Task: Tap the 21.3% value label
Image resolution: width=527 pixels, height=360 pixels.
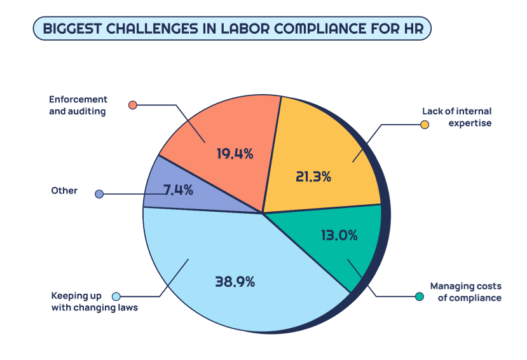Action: (313, 177)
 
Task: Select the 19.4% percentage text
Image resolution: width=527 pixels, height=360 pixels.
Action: (235, 153)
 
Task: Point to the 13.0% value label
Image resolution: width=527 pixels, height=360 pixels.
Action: (339, 235)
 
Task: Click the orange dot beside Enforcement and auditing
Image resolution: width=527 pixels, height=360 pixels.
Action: (132, 105)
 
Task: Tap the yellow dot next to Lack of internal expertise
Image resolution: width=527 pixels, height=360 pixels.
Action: (425, 124)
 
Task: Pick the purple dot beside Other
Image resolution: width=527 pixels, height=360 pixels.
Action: (99, 193)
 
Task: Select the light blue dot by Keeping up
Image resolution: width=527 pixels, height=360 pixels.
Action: (116, 296)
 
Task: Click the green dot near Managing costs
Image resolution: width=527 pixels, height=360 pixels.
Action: (419, 296)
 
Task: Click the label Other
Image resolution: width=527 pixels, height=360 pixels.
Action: (64, 191)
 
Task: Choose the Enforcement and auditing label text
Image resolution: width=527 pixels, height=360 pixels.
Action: (78, 105)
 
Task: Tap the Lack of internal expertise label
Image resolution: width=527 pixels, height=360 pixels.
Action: (456, 117)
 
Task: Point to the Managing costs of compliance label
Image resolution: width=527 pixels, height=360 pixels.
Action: (466, 291)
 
